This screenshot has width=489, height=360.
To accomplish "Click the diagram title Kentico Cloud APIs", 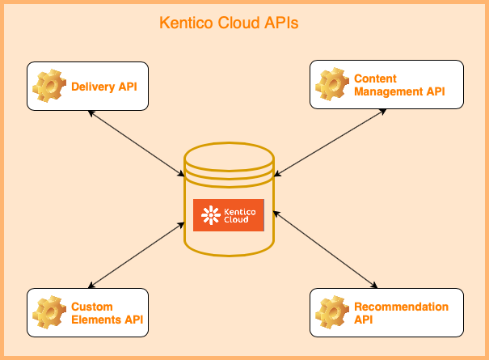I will tap(229, 23).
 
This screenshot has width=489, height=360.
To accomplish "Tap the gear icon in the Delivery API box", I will tap(48, 85).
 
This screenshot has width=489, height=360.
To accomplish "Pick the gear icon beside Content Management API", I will tap(331, 85).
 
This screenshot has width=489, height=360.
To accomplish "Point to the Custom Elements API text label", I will tap(107, 313).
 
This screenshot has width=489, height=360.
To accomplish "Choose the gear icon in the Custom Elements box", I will tap(48, 312).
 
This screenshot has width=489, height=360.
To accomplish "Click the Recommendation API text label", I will tap(401, 313).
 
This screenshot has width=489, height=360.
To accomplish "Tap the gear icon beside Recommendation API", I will tap(331, 312).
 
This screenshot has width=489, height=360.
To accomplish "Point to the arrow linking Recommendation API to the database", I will tap(326, 249).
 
